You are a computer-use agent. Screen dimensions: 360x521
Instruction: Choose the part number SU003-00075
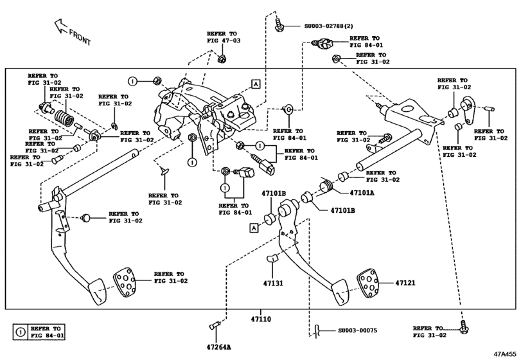(x=357, y=331)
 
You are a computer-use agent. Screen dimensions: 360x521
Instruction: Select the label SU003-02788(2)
(x=328, y=26)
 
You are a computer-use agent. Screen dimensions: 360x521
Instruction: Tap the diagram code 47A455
(x=506, y=354)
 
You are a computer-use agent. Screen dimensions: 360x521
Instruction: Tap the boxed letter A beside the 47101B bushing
(x=254, y=227)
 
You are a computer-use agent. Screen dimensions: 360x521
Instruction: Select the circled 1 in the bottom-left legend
(x=19, y=332)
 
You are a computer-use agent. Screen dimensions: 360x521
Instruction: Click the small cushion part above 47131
(x=272, y=259)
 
